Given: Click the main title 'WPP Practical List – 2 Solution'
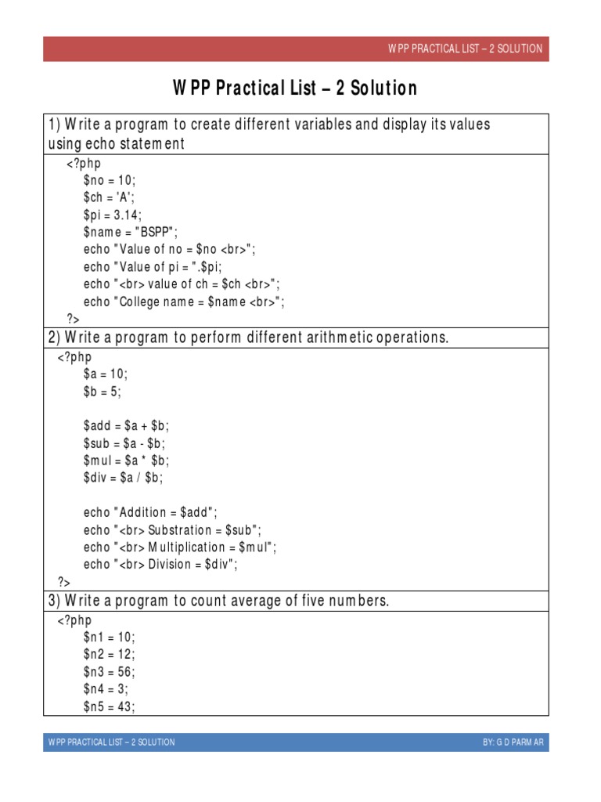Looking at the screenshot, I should click(295, 89).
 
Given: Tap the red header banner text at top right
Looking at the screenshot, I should click(465, 49).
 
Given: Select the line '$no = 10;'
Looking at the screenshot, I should click(110, 179).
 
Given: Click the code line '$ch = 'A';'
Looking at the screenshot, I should click(109, 197).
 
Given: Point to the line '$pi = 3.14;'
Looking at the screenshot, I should click(113, 214).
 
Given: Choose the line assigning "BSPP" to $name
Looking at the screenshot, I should click(131, 232).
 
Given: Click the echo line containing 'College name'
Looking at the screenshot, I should click(184, 302).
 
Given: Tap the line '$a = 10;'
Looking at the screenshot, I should click(105, 374).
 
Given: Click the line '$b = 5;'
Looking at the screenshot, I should click(103, 392).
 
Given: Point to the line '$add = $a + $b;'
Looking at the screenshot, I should click(126, 426).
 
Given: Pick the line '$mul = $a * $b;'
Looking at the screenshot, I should click(126, 461).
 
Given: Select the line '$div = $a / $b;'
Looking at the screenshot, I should click(123, 478).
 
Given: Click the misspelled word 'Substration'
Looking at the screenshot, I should click(179, 529).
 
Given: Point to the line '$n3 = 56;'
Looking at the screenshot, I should click(109, 671).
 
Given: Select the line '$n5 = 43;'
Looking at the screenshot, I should click(109, 706).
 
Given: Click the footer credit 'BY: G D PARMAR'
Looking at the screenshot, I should click(513, 742).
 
